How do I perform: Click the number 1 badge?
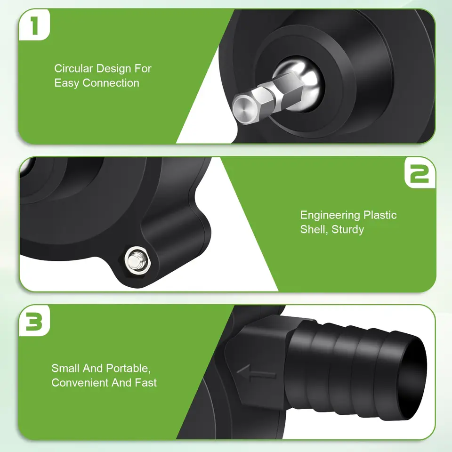tap(34, 25)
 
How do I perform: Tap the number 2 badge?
tap(420, 173)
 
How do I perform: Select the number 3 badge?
tap(34, 321)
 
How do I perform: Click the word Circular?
tap(73, 69)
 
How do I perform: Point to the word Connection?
tap(111, 83)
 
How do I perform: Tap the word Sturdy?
tap(347, 230)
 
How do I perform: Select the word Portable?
tap(128, 368)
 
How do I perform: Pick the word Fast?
tap(146, 383)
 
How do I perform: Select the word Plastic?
tap(380, 215)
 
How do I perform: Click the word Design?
tap(113, 69)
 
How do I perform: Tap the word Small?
tap(66, 368)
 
